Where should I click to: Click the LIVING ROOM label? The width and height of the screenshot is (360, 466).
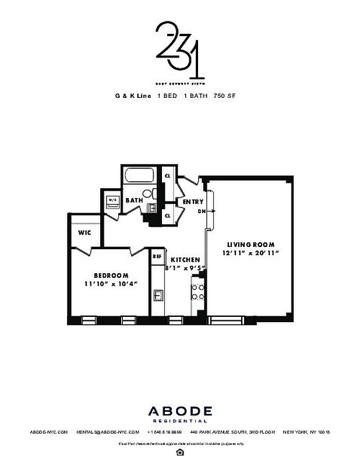(250, 245)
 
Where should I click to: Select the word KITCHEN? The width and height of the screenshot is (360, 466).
(185, 260)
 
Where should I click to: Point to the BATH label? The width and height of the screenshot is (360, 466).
(134, 200)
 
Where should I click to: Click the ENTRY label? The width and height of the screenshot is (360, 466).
(193, 202)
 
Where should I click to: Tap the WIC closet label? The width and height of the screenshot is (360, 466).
(85, 232)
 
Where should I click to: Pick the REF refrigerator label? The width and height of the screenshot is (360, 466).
(157, 256)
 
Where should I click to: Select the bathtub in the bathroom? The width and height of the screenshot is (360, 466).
(139, 176)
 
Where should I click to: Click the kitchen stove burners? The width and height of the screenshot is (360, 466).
(198, 292)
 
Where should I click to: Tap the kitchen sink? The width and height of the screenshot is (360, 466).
(158, 295)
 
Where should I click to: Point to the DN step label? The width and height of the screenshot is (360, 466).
(202, 211)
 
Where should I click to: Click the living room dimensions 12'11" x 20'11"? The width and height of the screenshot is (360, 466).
(250, 253)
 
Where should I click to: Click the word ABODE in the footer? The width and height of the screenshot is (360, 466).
(179, 411)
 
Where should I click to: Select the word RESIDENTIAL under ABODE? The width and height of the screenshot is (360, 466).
(179, 421)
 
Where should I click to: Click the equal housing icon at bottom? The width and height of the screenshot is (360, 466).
(179, 453)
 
